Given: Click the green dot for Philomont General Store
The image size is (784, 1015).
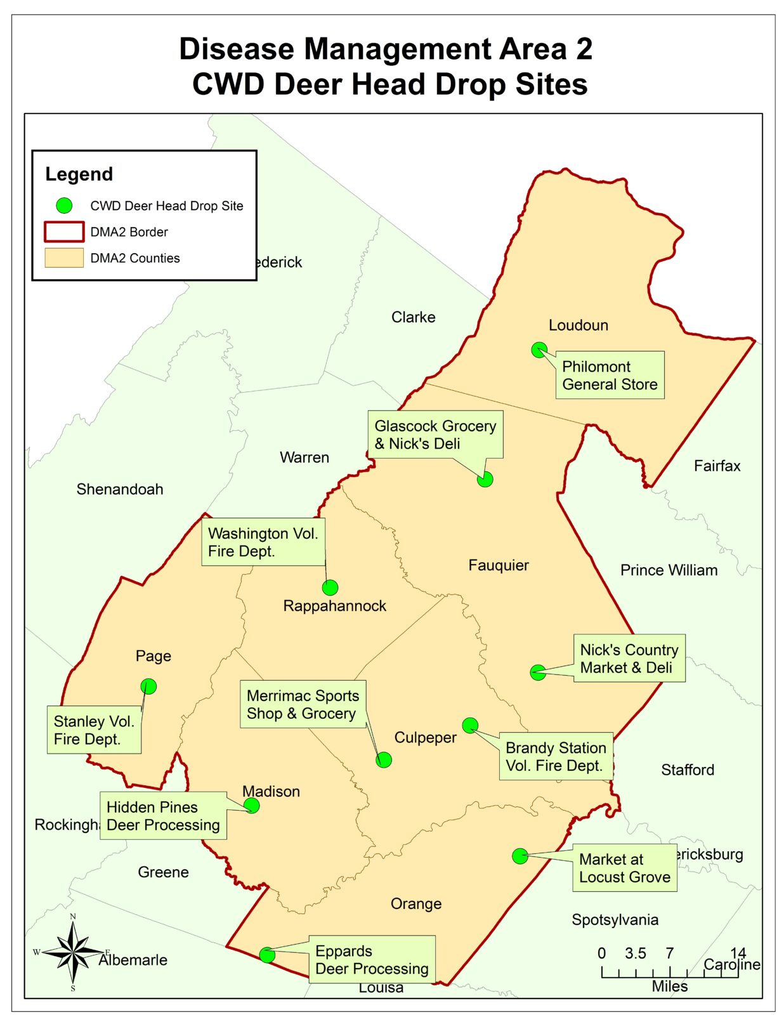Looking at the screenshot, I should [x=539, y=350].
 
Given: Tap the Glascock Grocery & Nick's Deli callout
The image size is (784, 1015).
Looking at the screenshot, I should [x=434, y=435].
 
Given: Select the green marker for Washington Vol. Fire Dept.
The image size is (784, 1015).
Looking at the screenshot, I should [x=330, y=587].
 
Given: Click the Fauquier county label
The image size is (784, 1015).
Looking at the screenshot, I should [x=498, y=565].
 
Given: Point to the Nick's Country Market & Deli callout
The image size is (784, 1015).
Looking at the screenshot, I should [x=629, y=658].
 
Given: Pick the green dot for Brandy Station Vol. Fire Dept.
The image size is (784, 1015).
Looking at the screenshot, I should [x=469, y=725].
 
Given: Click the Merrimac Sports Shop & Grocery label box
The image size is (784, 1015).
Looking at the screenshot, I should [x=302, y=704].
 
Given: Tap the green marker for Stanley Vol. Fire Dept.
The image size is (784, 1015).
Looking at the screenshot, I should [x=148, y=686].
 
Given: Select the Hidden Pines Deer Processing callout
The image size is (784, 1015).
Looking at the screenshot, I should [x=163, y=816].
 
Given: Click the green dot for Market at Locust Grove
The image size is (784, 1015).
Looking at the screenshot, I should [x=519, y=856].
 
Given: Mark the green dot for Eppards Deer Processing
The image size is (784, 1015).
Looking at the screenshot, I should [x=267, y=955].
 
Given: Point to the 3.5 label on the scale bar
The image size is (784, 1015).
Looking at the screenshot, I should [x=635, y=953].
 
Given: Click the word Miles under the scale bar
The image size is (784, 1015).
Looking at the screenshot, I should [x=669, y=986].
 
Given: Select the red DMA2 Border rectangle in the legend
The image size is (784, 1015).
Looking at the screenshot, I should [x=63, y=232].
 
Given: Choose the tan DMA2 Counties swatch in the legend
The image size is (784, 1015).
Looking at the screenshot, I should [x=63, y=258].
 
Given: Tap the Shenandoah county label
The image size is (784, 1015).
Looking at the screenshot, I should [x=120, y=489].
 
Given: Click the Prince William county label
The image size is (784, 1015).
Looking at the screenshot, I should [x=669, y=570].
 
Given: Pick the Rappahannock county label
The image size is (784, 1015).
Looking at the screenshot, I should [x=334, y=606].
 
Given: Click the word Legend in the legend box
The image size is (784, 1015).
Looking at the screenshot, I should [x=79, y=174].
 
